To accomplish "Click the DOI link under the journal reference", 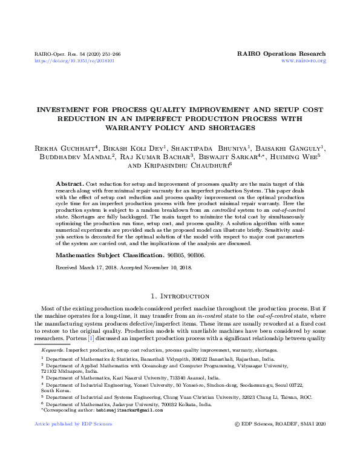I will [74, 61].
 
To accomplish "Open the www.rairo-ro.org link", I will [304, 61].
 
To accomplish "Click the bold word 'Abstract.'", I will [69, 183].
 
